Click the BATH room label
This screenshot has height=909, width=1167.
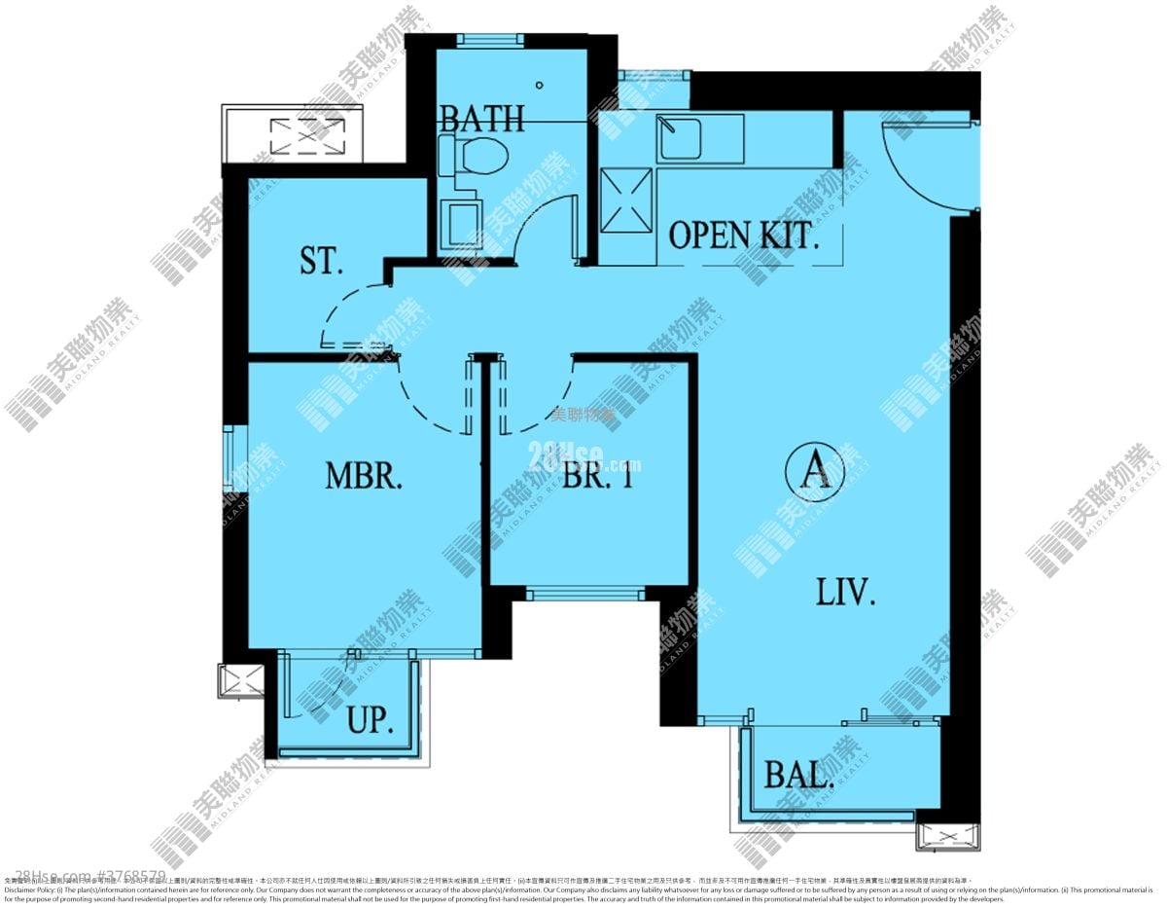pyautogui.click(x=481, y=119)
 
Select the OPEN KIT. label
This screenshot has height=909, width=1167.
pyautogui.click(x=743, y=236)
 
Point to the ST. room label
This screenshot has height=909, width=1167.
pyautogui.click(x=321, y=261)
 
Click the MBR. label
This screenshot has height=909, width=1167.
pyautogui.click(x=364, y=477)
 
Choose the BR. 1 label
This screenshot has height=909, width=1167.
pyautogui.click(x=597, y=477)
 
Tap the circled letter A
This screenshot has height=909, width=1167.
pyautogui.click(x=814, y=472)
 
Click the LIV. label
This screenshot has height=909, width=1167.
pyautogui.click(x=845, y=591)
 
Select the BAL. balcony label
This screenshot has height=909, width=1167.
pyautogui.click(x=798, y=776)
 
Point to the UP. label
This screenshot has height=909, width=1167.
pyautogui.click(x=371, y=721)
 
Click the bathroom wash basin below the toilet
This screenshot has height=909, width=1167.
pyautogui.click(x=461, y=224)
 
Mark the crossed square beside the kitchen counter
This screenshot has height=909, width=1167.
pyautogui.click(x=626, y=200)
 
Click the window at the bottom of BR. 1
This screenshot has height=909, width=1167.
pyautogui.click(x=585, y=593)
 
